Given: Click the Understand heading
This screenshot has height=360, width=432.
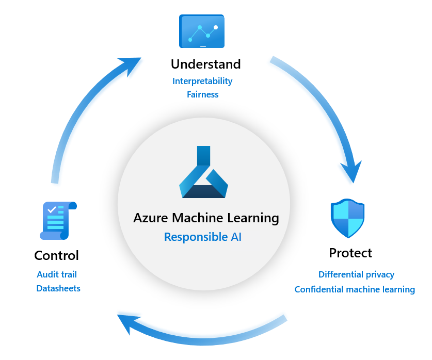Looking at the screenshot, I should pos(205,64).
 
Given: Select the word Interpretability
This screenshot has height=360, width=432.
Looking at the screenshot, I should pos(202,81).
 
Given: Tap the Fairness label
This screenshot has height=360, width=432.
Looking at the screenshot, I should pos(203,94).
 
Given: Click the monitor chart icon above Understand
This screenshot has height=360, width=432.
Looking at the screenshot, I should pos(202,31).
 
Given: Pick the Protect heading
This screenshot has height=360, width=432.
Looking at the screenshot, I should pos(350,253).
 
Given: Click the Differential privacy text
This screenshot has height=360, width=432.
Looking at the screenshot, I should pos(356,274).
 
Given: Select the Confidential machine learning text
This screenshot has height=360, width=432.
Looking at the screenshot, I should pos(355,289).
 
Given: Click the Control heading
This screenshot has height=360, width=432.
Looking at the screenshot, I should pos(56,255).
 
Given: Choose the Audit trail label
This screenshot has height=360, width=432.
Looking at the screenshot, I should pos(57,274).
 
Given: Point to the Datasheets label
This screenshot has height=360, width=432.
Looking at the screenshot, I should pos(58,288).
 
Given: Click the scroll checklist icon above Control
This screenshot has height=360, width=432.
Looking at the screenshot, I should pos(58,221).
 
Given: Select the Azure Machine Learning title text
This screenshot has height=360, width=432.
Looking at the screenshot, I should pos(206,218).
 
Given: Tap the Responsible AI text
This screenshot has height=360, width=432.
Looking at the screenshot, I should pos(202,237).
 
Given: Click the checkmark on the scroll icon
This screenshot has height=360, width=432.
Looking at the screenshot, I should pos(52,209).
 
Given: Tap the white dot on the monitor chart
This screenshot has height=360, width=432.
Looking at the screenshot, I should pos(216,27).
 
